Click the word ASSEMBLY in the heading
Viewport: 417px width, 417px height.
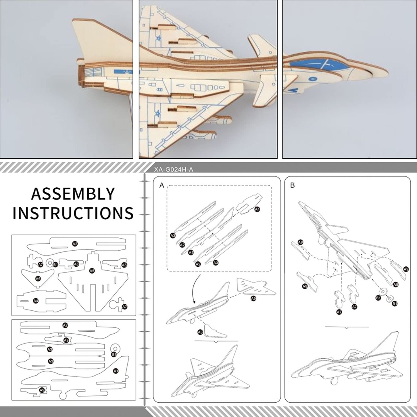click(x=73, y=193)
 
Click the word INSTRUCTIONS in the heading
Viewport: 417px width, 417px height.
click(x=73, y=213)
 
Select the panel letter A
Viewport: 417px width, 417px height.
click(x=162, y=186)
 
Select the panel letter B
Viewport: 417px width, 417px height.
click(x=293, y=186)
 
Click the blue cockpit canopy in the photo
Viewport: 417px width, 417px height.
click(x=317, y=64)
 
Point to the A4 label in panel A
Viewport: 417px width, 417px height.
click(x=257, y=209)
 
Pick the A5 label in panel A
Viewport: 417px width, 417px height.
click(x=253, y=298)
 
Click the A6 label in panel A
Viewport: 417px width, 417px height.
click(x=200, y=332)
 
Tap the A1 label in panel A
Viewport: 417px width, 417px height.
click(x=191, y=252)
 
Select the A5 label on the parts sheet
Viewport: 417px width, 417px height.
click(x=92, y=271)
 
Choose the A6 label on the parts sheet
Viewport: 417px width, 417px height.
click(x=38, y=278)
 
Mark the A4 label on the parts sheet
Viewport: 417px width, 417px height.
click(x=36, y=300)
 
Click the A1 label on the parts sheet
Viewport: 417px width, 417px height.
click(x=115, y=371)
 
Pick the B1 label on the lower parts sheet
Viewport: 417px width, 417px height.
click(x=114, y=354)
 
